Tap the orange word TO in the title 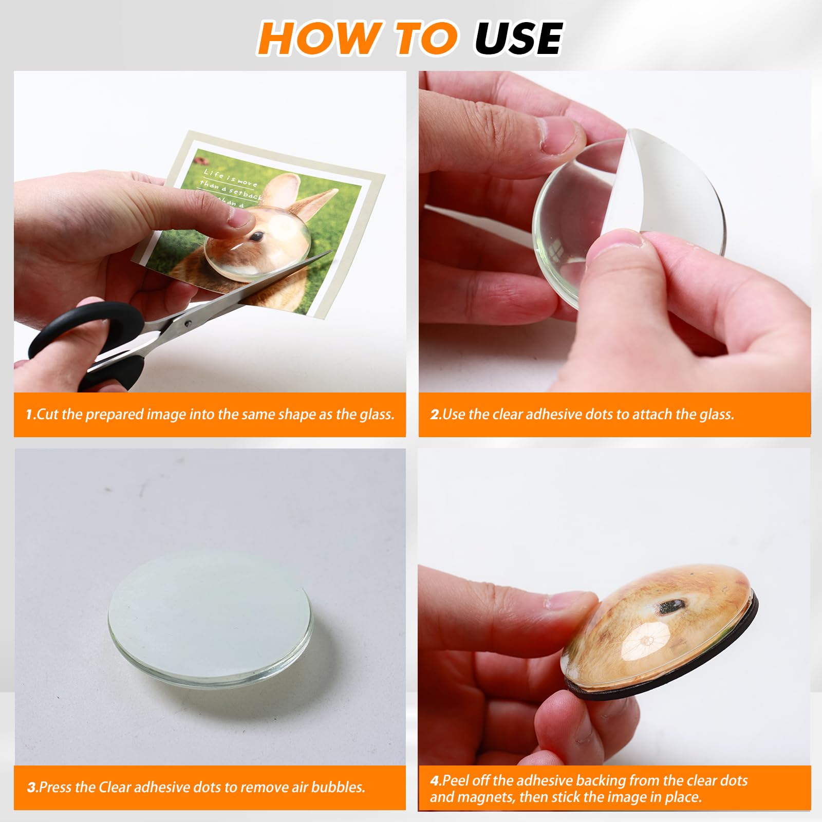click(426, 38)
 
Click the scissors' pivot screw click(188, 323)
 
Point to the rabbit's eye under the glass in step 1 click(257, 236)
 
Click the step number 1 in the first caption click(29, 415)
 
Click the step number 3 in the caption click(31, 787)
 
